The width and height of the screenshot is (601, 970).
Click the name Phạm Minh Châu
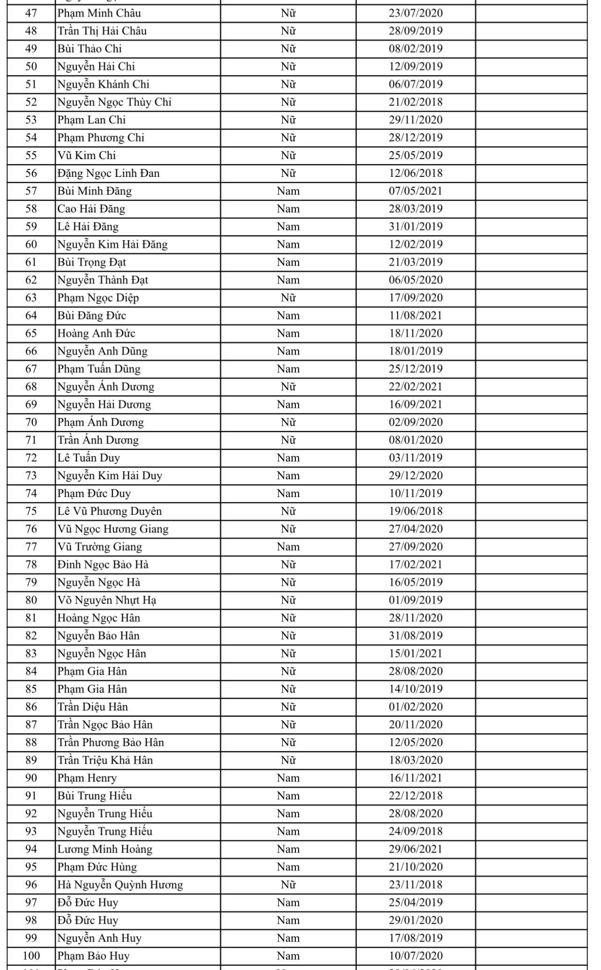(99, 13)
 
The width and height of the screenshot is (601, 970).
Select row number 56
(31, 173)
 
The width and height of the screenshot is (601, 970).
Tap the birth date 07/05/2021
(415, 191)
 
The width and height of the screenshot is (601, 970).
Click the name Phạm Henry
(87, 778)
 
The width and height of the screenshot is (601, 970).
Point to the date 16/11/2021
(415, 778)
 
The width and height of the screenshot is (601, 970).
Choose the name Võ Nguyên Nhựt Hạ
(107, 600)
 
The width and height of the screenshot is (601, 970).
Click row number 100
(31, 955)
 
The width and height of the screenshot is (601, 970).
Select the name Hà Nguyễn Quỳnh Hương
(120, 884)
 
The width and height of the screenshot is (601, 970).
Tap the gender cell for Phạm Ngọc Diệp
(288, 298)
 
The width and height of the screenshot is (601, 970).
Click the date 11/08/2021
(415, 315)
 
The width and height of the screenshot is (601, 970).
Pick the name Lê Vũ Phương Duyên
(110, 511)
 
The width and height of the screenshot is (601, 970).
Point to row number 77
(31, 547)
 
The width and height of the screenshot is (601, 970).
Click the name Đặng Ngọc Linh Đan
(109, 173)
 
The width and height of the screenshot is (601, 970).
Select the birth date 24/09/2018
(415, 831)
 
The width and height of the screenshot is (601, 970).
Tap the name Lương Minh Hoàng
(105, 849)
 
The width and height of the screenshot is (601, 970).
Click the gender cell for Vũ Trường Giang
(288, 547)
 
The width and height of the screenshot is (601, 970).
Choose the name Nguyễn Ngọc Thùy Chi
(114, 102)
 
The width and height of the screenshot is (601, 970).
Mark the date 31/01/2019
(415, 226)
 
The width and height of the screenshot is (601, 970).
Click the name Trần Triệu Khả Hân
(105, 760)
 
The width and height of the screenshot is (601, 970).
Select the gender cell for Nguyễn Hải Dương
(288, 404)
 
